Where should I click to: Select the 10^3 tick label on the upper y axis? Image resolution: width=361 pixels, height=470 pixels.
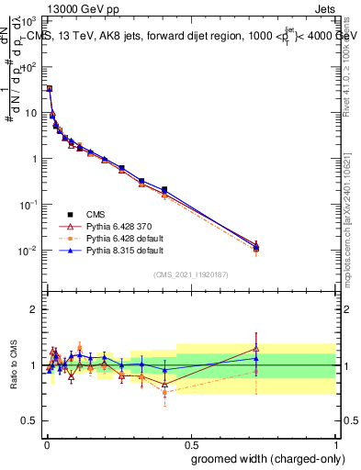click(x=29, y=20)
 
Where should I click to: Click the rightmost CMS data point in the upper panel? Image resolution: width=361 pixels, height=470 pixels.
click(x=256, y=248)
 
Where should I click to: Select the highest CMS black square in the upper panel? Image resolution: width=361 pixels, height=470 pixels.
click(x=49, y=88)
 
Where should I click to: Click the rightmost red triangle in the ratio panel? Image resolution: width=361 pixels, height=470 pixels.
click(x=256, y=348)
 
